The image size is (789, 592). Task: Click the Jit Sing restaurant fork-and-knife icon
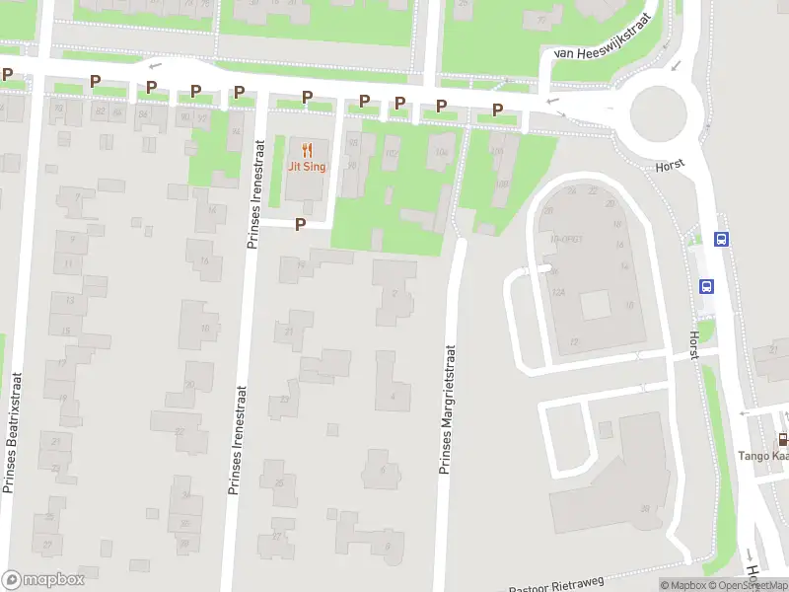[307, 150]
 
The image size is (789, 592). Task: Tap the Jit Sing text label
[307, 167]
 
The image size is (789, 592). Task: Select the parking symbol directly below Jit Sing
[301, 224]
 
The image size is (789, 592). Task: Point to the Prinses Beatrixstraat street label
[12, 432]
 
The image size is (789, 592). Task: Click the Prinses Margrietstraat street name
[446, 409]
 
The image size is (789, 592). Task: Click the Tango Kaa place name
[763, 456]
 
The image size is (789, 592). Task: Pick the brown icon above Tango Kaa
[782, 439]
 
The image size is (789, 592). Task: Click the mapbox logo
[43, 580]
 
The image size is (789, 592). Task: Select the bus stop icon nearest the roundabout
[721, 238]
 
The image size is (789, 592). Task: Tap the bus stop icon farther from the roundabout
[706, 286]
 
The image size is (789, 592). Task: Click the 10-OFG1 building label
[567, 239]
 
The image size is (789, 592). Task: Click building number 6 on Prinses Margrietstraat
[384, 470]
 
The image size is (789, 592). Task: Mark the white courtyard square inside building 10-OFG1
[596, 305]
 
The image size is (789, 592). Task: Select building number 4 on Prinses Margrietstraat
[393, 396]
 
